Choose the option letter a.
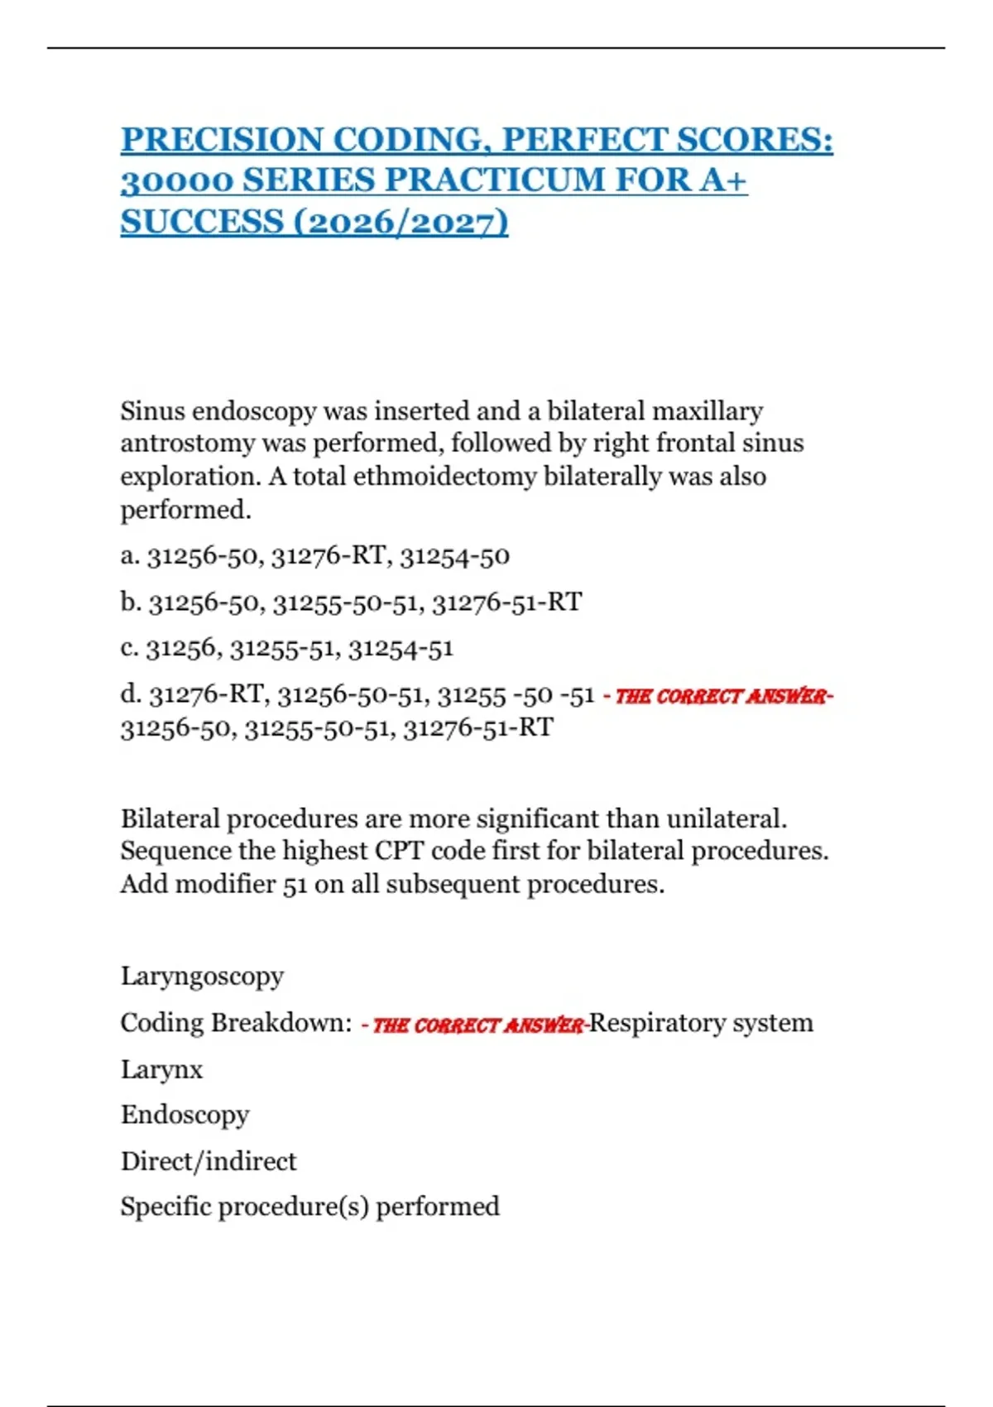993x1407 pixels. pos(129,555)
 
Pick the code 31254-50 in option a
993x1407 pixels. pos(454,555)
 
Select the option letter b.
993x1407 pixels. pos(130,602)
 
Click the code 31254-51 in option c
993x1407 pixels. pos(401,648)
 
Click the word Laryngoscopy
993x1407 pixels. pos(202,977)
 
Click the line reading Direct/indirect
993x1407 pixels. pos(209,1161)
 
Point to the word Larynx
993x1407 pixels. pos(161,1069)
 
